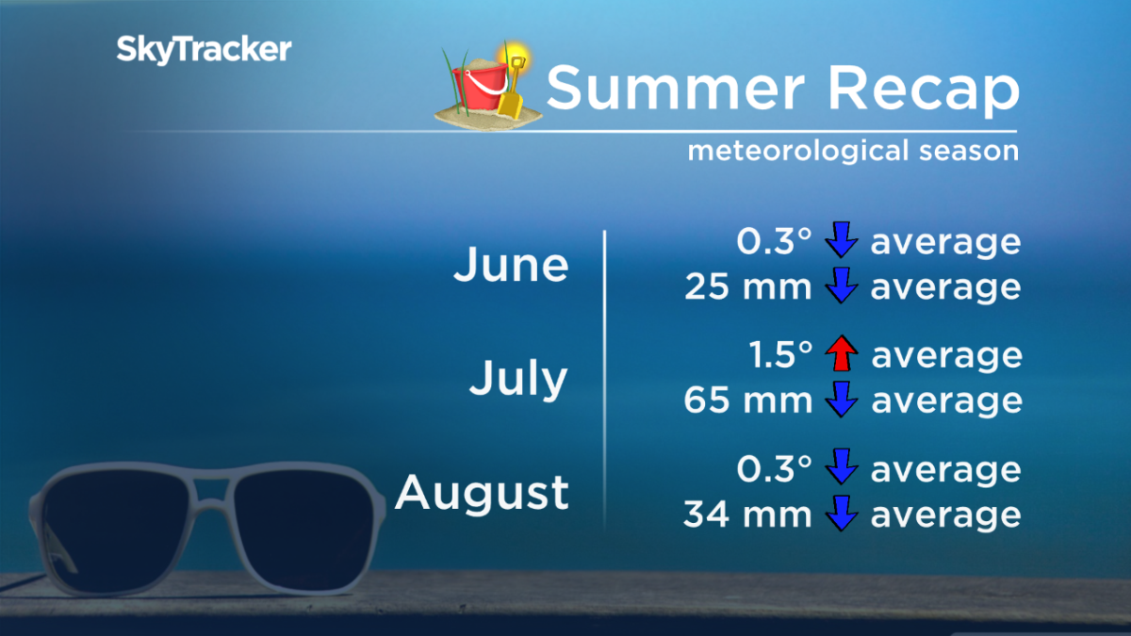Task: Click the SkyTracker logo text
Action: [x=204, y=49]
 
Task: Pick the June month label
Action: [x=511, y=266]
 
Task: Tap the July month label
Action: [x=518, y=379]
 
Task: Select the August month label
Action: [x=482, y=492]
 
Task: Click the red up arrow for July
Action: [x=841, y=355]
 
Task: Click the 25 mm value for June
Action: [x=747, y=286]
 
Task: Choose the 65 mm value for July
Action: [x=747, y=400]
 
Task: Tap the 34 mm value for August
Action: [x=747, y=514]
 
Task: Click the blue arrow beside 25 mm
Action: [x=841, y=286]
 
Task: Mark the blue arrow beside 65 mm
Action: [x=841, y=400]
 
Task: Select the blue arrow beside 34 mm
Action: [x=841, y=514]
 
